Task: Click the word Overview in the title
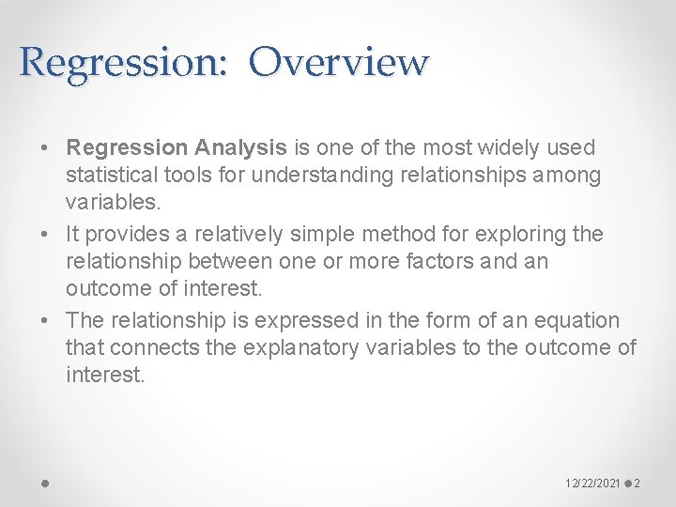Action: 339,62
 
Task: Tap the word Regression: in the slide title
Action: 123,62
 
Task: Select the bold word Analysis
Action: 240,147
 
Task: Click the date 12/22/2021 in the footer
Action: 593,484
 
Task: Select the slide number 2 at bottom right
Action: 638,484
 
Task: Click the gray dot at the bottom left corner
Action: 45,484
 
